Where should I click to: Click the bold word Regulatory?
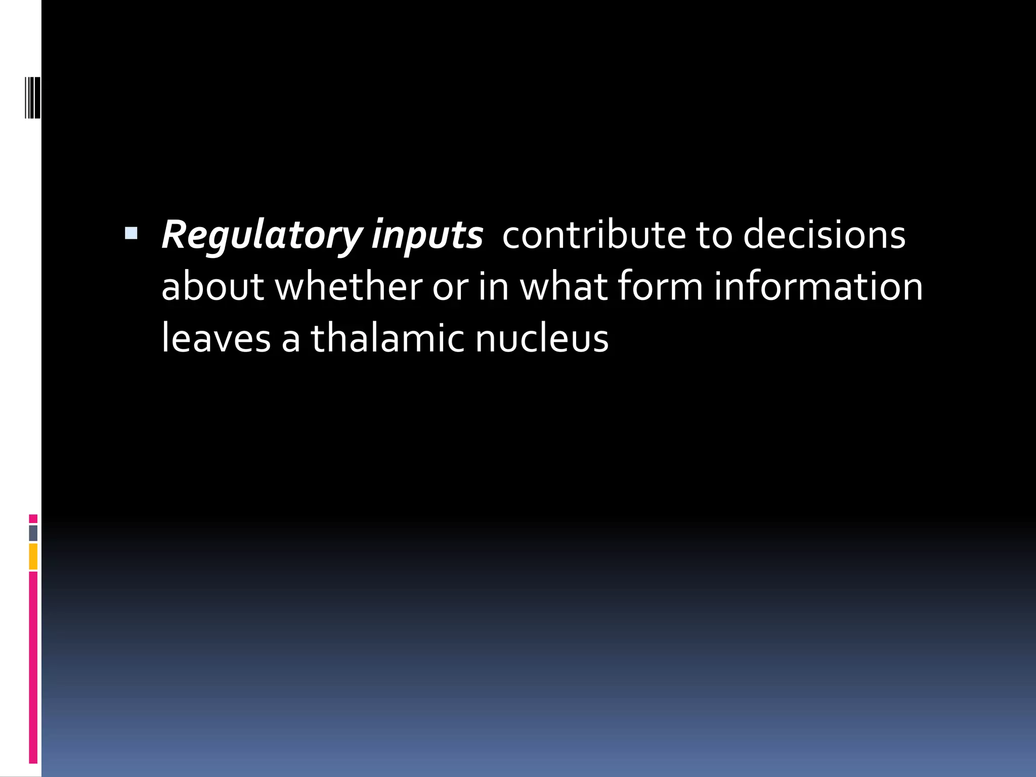261,236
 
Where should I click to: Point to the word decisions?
824,236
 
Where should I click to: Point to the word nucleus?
542,338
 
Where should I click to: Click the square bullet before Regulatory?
131,233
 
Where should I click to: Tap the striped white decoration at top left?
33,91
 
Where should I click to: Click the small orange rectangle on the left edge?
33,556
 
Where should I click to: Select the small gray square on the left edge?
33,533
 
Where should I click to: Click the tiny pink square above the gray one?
33,519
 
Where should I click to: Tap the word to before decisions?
714,236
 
